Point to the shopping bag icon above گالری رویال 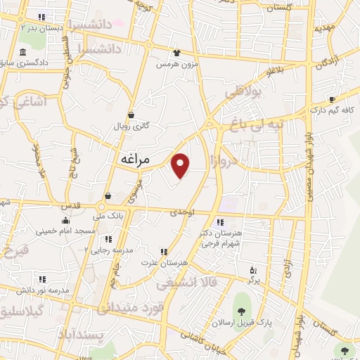[x=131, y=115]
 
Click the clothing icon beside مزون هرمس [x=176, y=51]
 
